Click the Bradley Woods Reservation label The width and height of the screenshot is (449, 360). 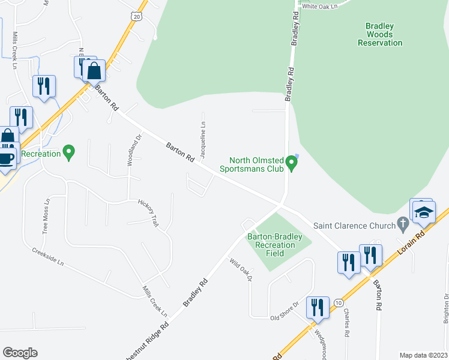379,34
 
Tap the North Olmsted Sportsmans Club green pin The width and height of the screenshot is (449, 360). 292,163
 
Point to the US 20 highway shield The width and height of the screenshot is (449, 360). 137,17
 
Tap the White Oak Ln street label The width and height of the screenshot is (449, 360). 321,6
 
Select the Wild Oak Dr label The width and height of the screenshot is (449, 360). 241,270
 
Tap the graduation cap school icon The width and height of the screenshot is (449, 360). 424,212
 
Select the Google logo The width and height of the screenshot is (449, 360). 20,353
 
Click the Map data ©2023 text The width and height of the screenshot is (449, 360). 423,355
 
